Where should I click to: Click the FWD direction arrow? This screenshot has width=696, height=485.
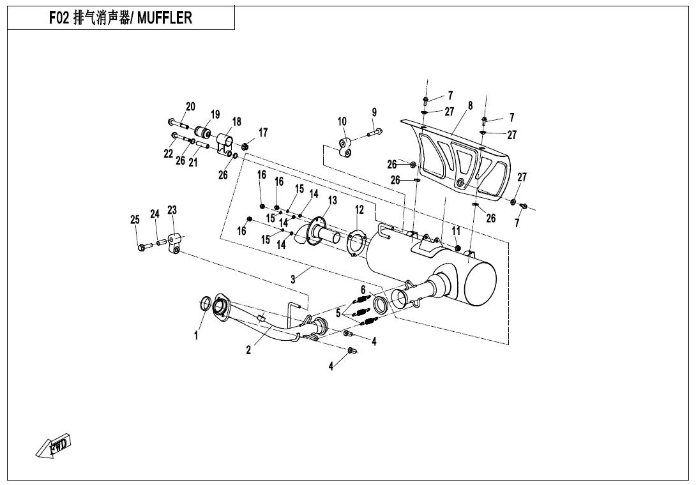point(54,446)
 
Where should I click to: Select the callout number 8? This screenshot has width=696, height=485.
point(470,106)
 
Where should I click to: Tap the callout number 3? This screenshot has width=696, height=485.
point(293,279)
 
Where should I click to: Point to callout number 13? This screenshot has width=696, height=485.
point(332,200)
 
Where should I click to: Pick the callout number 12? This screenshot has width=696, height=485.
point(359,209)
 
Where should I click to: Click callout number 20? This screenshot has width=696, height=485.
point(190,107)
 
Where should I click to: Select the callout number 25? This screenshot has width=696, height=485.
point(135,220)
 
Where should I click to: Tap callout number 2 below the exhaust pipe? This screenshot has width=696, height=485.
point(249,350)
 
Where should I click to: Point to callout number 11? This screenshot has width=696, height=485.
point(456,230)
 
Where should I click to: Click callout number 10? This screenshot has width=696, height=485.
point(342,121)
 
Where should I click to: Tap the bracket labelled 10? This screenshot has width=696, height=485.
point(345,148)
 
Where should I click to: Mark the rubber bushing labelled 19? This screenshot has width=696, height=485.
point(204,133)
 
